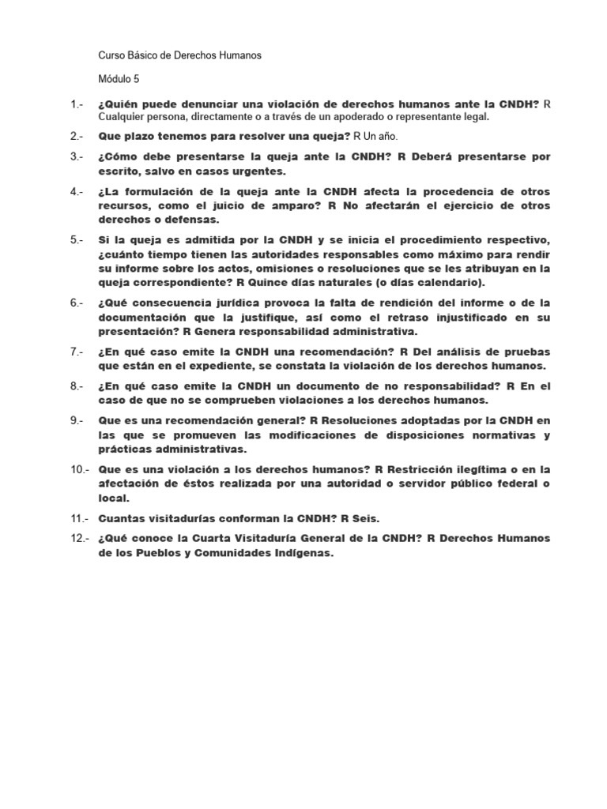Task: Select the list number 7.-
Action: coord(77,352)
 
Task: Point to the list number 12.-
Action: coord(80,538)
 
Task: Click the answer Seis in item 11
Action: coord(367,518)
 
